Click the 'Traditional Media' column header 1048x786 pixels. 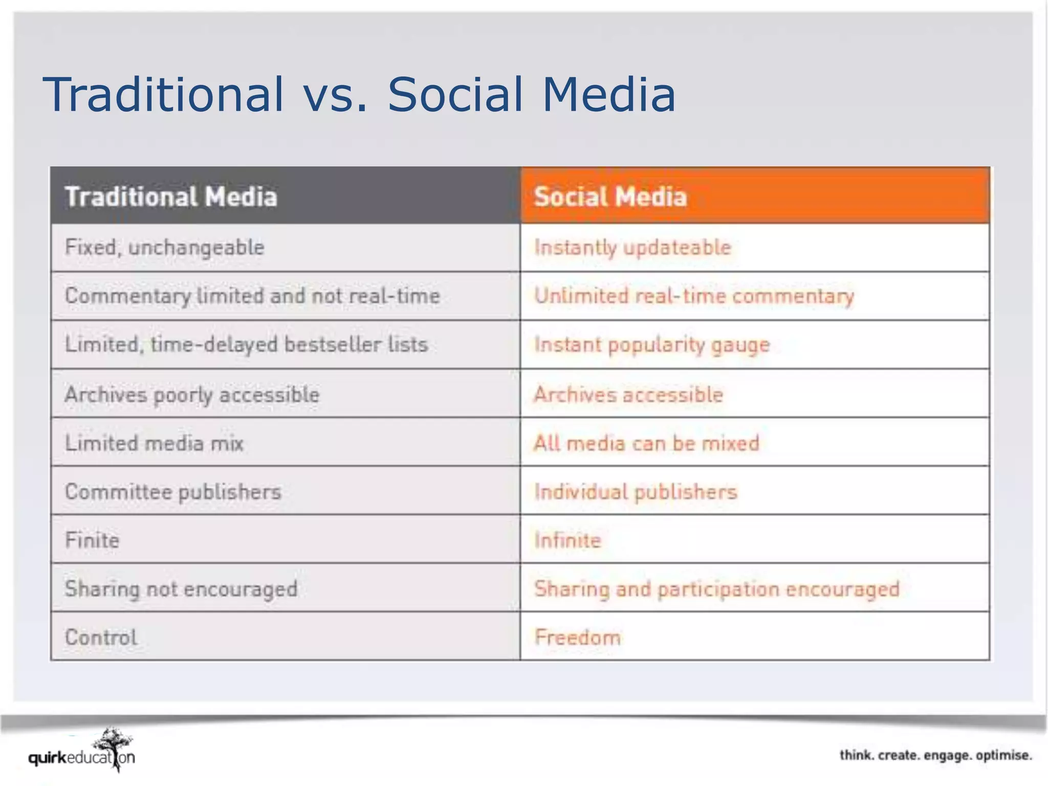171,196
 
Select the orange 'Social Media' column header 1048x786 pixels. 610,196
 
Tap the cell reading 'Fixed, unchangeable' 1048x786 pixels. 165,248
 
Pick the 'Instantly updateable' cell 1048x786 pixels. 632,248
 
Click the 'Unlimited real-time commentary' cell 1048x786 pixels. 694,296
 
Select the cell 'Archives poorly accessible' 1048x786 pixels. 192,395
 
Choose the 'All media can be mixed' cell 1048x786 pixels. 646,443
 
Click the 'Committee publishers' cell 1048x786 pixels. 173,492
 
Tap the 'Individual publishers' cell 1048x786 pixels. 636,492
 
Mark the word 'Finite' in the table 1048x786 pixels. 92,540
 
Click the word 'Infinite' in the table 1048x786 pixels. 567,540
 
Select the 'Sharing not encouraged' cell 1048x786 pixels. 181,589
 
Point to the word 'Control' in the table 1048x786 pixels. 101,638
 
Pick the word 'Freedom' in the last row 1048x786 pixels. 578,638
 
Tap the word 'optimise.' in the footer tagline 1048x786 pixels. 1003,755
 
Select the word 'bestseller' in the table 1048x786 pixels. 333,344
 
